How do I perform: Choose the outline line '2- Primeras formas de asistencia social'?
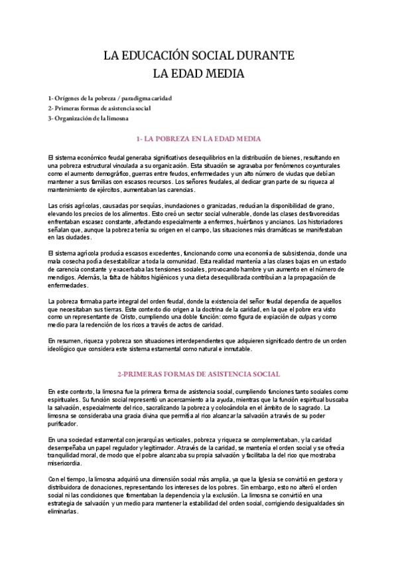99,108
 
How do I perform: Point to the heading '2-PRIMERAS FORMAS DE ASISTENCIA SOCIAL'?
198,374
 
